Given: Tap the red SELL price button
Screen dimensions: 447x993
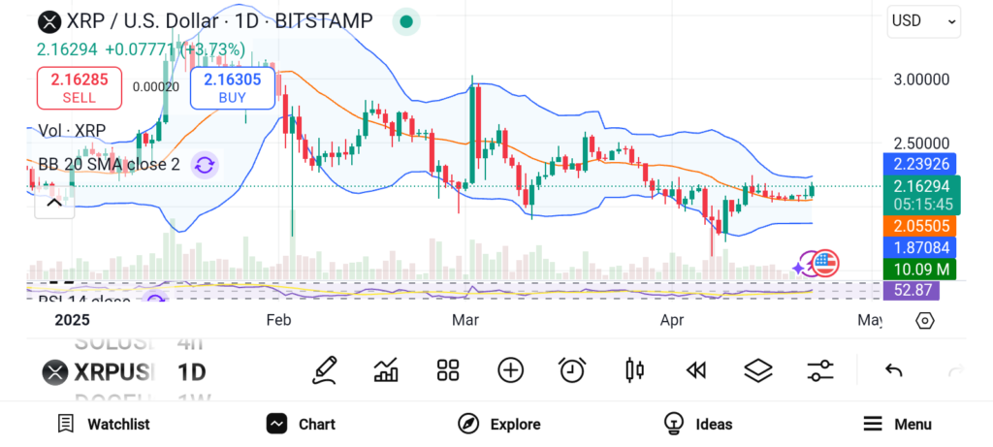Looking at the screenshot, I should [80, 87].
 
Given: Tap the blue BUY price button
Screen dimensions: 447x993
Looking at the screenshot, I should [233, 88].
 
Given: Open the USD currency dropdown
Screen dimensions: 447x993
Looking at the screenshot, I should [923, 20].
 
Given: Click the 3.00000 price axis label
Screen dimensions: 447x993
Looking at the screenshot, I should [921, 79].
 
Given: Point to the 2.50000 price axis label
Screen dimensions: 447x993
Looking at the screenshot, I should [921, 143].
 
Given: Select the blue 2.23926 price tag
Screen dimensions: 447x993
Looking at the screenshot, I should [922, 163].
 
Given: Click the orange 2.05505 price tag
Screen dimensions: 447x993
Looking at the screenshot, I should [922, 225].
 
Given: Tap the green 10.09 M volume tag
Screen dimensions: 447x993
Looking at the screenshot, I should [922, 269].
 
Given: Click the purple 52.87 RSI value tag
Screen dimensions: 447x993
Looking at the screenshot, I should [922, 289].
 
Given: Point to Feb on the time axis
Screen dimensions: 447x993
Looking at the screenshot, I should [279, 319].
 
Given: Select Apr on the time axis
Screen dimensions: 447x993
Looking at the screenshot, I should [672, 319].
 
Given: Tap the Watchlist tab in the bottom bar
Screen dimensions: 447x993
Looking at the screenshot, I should [103, 424].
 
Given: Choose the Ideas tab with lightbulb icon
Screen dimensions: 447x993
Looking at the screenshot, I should [698, 424].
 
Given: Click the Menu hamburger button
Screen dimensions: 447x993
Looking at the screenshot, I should [897, 424].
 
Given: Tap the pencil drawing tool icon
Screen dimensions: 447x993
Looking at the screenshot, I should [325, 369].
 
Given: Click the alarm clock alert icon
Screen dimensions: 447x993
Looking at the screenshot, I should [572, 369].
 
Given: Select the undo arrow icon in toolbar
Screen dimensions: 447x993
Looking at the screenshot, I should [894, 370].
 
